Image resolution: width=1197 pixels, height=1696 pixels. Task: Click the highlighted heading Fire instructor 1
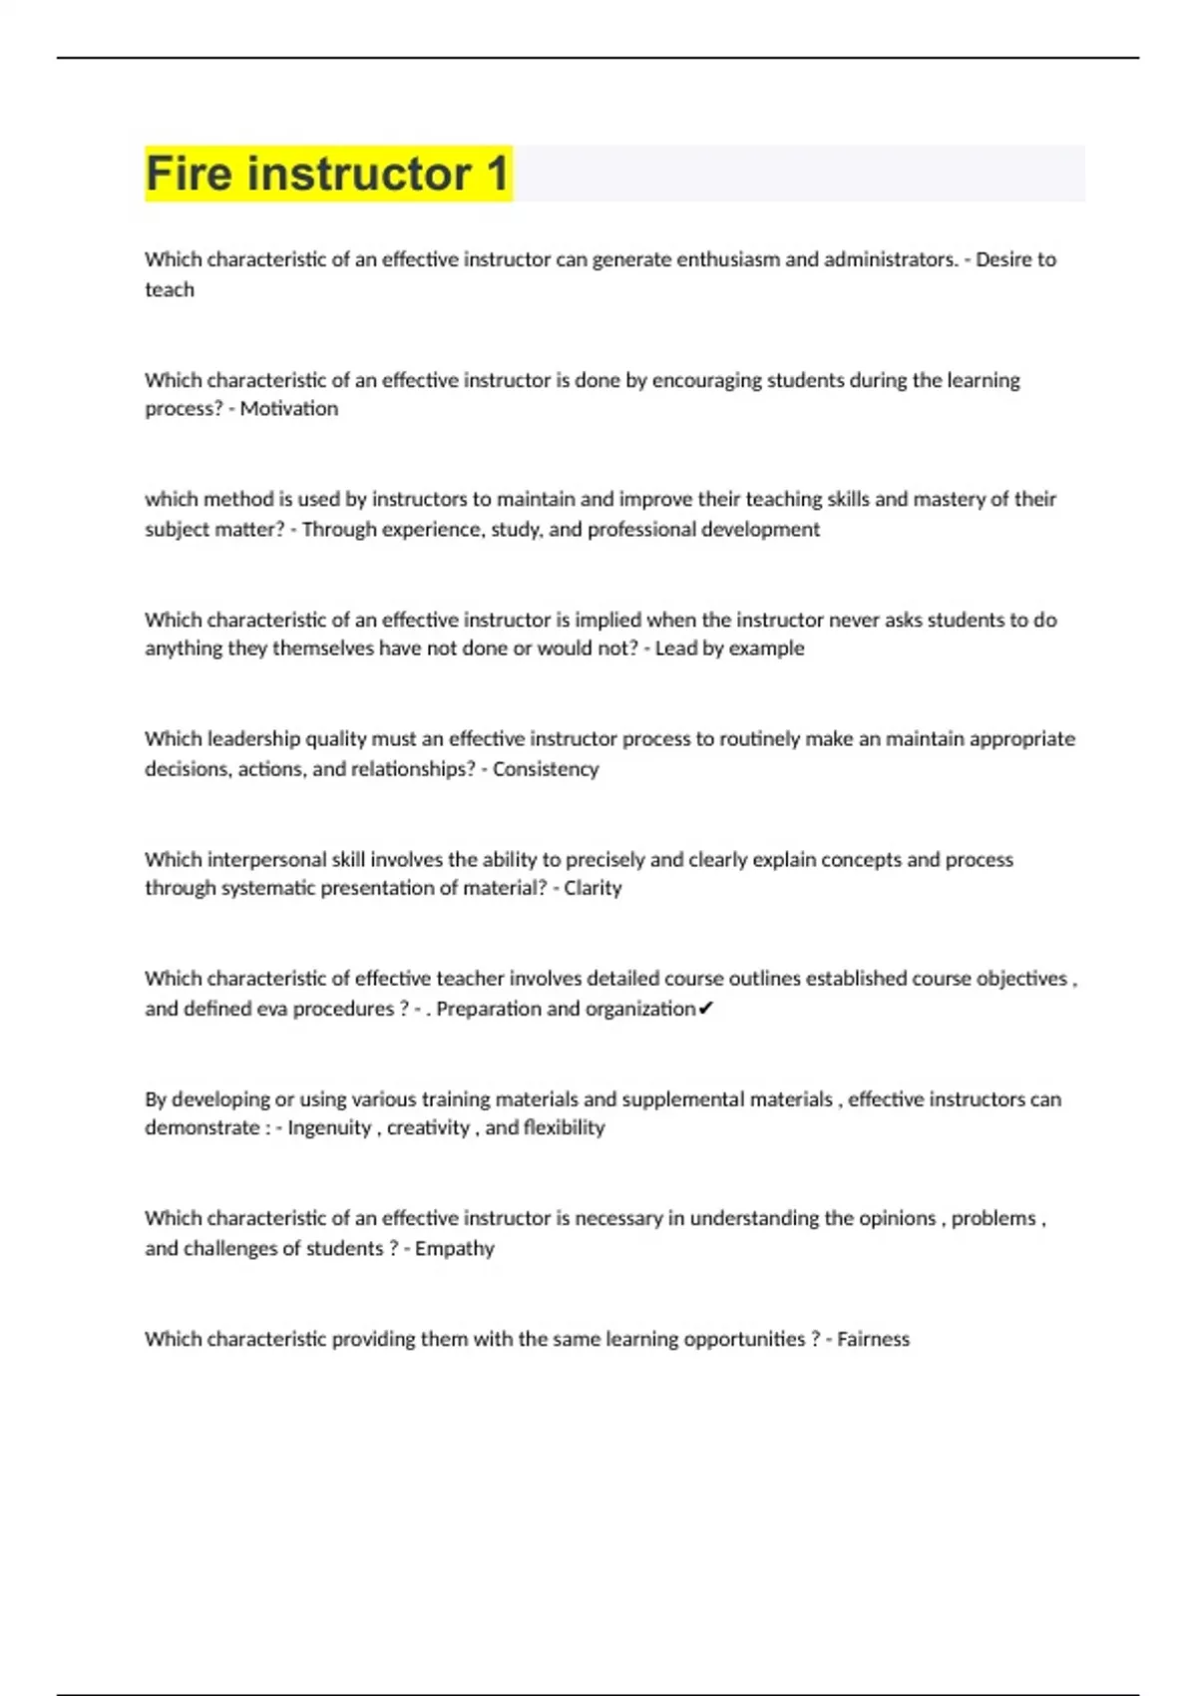[327, 174]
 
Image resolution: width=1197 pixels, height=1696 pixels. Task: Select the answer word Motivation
[288, 409]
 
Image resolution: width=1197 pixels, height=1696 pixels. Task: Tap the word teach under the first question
[170, 290]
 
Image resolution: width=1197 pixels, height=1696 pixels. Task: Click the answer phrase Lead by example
[729, 648]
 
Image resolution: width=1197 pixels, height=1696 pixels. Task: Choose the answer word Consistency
[546, 769]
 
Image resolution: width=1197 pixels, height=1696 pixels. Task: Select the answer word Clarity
[593, 888]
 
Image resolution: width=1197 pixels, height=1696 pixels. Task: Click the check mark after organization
[705, 1009]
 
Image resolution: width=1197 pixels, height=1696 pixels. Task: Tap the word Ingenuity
[329, 1128]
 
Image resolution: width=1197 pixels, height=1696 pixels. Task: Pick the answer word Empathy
[454, 1249]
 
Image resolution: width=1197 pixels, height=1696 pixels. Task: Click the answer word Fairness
[873, 1339]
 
